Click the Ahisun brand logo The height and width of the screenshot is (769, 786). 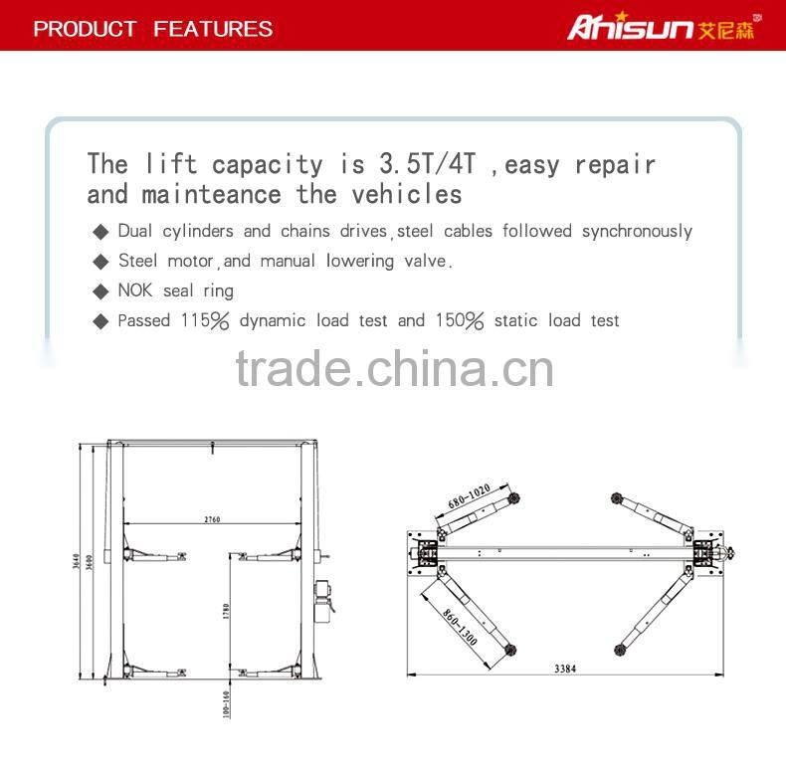click(661, 27)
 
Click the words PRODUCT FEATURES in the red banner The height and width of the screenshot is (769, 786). click(152, 28)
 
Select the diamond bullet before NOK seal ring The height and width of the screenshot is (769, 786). click(100, 291)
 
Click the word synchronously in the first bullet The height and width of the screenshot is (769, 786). click(637, 232)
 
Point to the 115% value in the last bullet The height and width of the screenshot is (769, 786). click(205, 320)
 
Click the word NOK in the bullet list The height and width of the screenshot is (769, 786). click(135, 290)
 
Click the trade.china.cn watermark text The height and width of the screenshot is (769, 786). click(394, 369)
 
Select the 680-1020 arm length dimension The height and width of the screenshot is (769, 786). click(469, 496)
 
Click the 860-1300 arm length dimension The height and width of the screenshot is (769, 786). click(459, 626)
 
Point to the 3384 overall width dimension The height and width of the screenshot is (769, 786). click(565, 669)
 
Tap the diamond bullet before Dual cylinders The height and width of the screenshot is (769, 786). click(100, 232)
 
